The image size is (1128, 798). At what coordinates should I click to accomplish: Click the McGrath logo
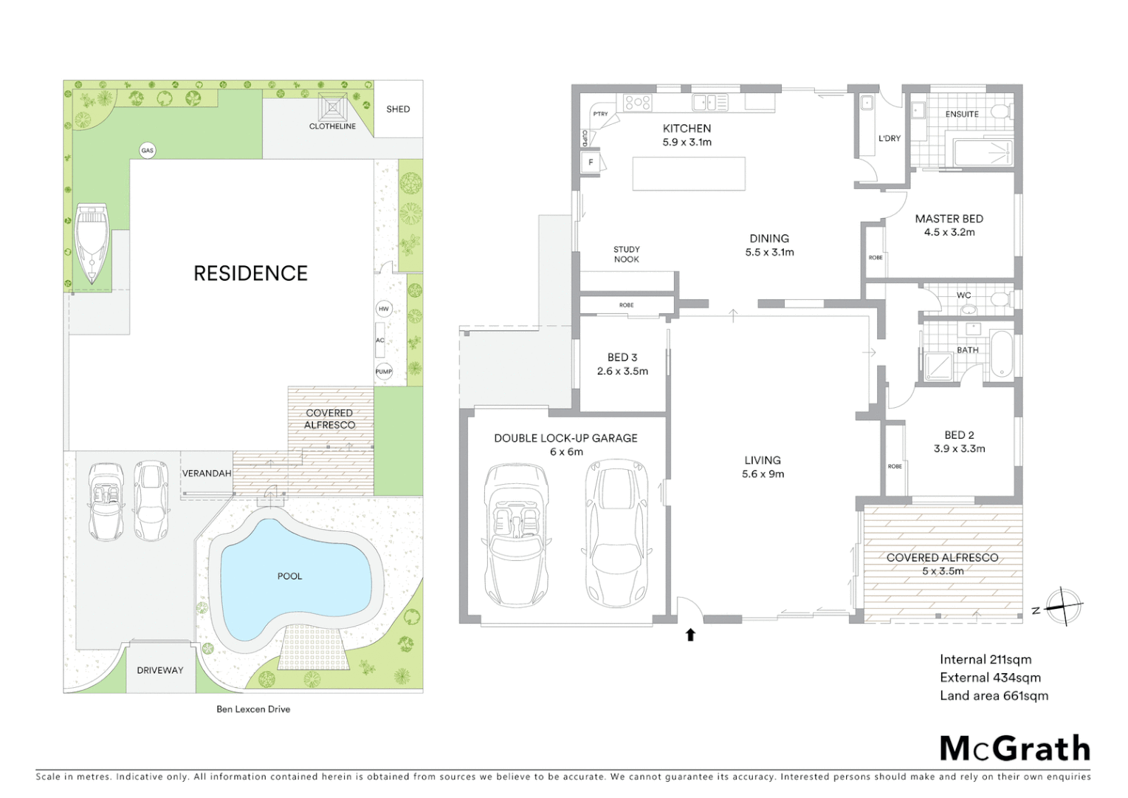[x=1014, y=748]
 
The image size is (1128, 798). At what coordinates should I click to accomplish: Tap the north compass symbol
[x=1063, y=607]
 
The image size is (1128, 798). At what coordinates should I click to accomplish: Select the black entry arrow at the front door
[x=690, y=635]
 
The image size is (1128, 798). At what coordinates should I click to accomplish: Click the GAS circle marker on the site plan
[x=148, y=151]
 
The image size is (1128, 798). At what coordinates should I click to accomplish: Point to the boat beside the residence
[x=92, y=243]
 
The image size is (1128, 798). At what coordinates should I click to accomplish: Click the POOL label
[x=289, y=576]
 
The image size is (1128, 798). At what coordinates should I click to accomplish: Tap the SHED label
[x=398, y=109]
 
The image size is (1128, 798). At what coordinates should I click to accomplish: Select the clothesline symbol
[x=332, y=108]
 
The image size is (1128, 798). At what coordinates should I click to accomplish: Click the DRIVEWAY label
[x=159, y=670]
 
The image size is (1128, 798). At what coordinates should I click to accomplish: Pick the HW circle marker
[x=384, y=309]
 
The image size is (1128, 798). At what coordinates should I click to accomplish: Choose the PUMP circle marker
[x=384, y=372]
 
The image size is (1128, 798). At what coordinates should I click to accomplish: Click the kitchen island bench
[x=688, y=174]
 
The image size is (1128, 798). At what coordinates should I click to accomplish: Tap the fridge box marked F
[x=591, y=163]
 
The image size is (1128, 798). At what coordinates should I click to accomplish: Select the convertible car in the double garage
[x=515, y=536]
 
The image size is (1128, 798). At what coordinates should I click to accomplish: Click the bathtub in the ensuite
[x=983, y=152]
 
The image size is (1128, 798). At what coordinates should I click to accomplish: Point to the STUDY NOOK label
[x=626, y=254]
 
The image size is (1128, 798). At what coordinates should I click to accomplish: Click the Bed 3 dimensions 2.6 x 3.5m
[x=622, y=372]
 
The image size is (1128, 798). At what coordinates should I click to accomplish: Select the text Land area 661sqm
[x=994, y=695]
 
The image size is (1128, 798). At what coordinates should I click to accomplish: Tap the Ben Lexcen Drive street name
[x=253, y=709]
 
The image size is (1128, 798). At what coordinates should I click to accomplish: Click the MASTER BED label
[x=949, y=219]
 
